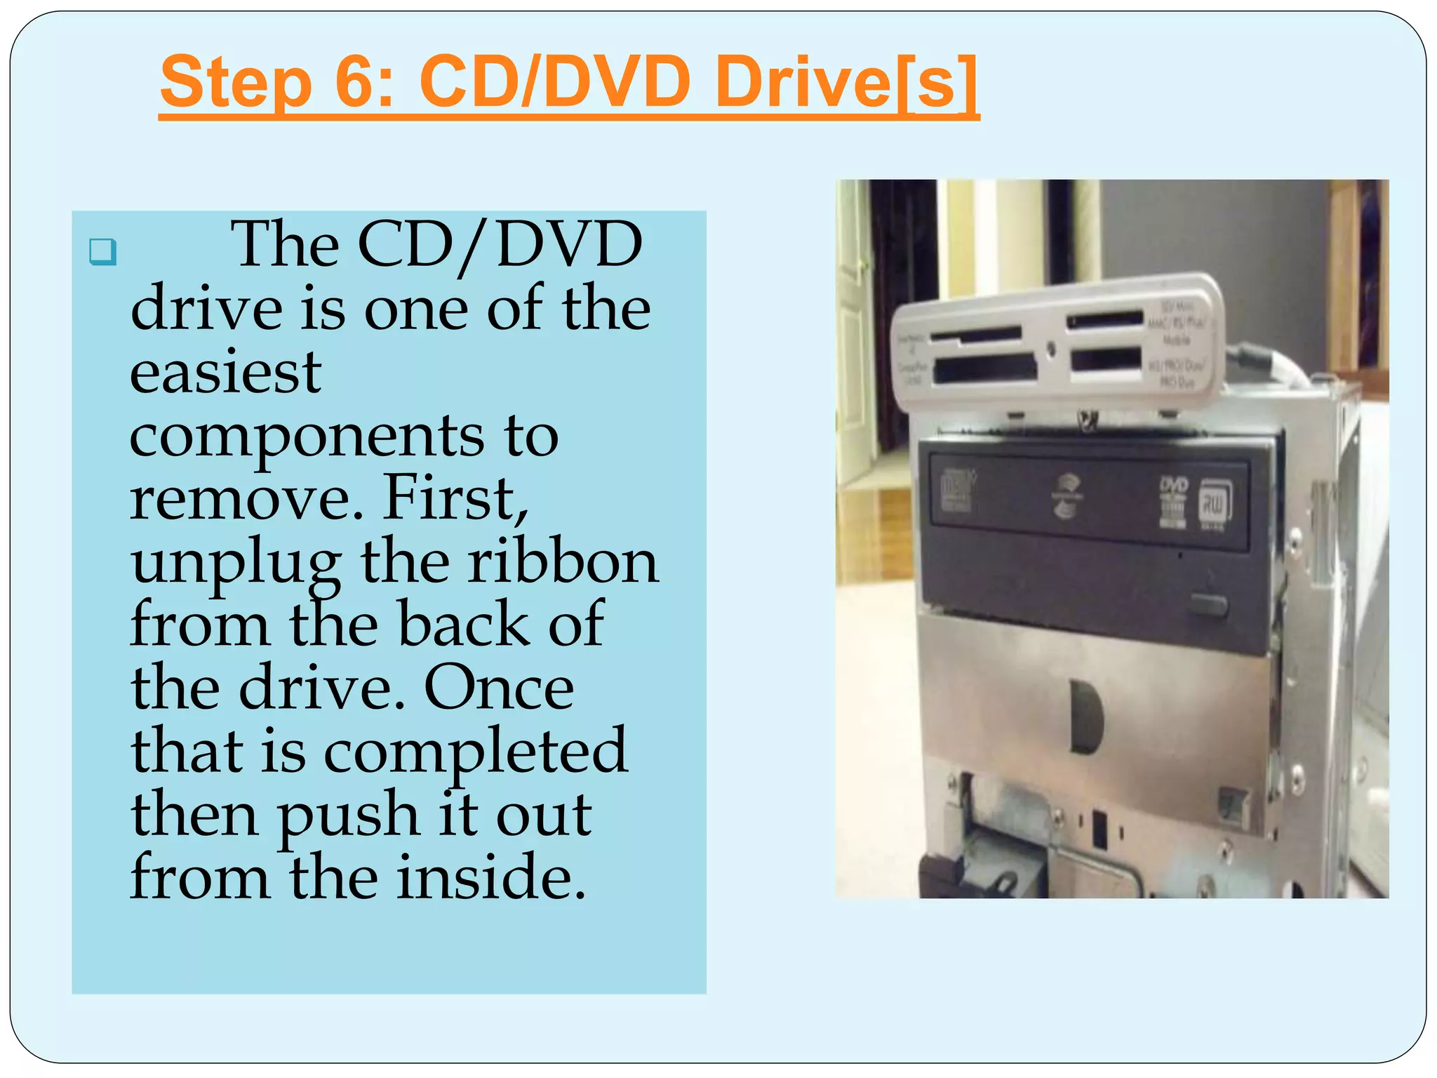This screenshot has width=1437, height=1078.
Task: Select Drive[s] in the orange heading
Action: tap(846, 83)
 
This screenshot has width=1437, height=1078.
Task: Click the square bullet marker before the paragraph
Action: tap(102, 251)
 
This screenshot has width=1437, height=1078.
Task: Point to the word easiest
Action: tap(225, 371)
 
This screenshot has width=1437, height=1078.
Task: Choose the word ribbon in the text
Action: tap(563, 562)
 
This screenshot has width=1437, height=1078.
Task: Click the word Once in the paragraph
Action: tap(499, 688)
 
